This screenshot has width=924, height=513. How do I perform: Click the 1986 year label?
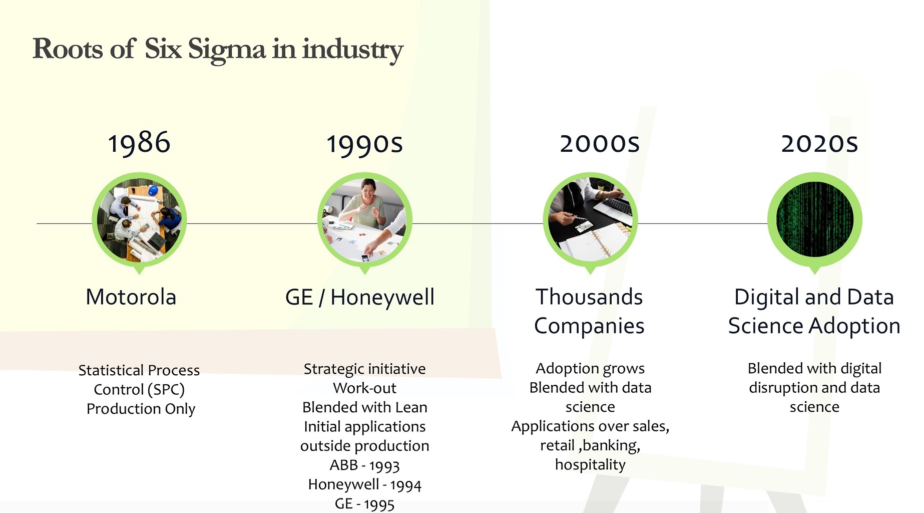139,143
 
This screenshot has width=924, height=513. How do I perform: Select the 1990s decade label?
364,144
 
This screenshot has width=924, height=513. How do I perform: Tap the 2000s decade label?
600,143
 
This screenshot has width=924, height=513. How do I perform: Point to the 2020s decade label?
819,143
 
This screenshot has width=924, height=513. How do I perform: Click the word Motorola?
131,297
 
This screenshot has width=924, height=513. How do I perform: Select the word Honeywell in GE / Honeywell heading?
382,298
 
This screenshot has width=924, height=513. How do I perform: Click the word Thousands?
589,297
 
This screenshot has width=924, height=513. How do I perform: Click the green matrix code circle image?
815,219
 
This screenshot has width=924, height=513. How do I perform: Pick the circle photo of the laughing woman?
365,219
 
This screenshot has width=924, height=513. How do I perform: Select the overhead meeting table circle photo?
139,219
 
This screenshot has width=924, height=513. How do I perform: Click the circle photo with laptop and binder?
590,219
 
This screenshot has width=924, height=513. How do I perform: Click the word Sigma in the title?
226,50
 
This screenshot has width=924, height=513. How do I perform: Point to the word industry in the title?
352,50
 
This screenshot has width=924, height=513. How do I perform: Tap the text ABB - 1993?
364,465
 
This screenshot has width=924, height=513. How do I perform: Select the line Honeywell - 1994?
364,484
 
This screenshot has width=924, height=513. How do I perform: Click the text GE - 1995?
364,503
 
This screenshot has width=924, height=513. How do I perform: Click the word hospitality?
590,465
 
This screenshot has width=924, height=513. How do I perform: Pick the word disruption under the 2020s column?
783,388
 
